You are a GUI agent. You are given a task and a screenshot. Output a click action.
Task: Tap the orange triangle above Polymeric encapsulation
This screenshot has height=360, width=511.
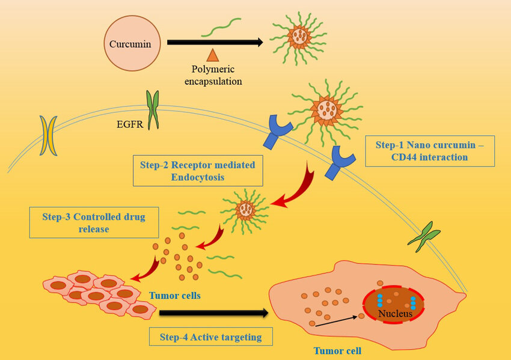click(x=212, y=56)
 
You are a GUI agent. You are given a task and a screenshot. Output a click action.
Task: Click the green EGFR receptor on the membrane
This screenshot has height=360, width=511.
click(x=153, y=109)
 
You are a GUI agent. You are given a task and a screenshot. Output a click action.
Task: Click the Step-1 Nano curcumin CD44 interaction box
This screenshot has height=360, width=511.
click(x=430, y=150)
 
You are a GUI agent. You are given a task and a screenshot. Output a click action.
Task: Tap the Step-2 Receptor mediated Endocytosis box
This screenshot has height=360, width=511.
click(x=198, y=171)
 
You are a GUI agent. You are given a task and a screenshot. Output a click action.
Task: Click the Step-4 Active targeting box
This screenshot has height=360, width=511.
click(x=210, y=337)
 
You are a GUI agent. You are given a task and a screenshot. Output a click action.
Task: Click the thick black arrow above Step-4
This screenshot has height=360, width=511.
click(x=213, y=313)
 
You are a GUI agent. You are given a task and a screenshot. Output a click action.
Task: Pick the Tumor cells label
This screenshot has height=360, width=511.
click(x=174, y=295)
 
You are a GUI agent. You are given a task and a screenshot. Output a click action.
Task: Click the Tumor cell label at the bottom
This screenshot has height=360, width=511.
click(x=337, y=350)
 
